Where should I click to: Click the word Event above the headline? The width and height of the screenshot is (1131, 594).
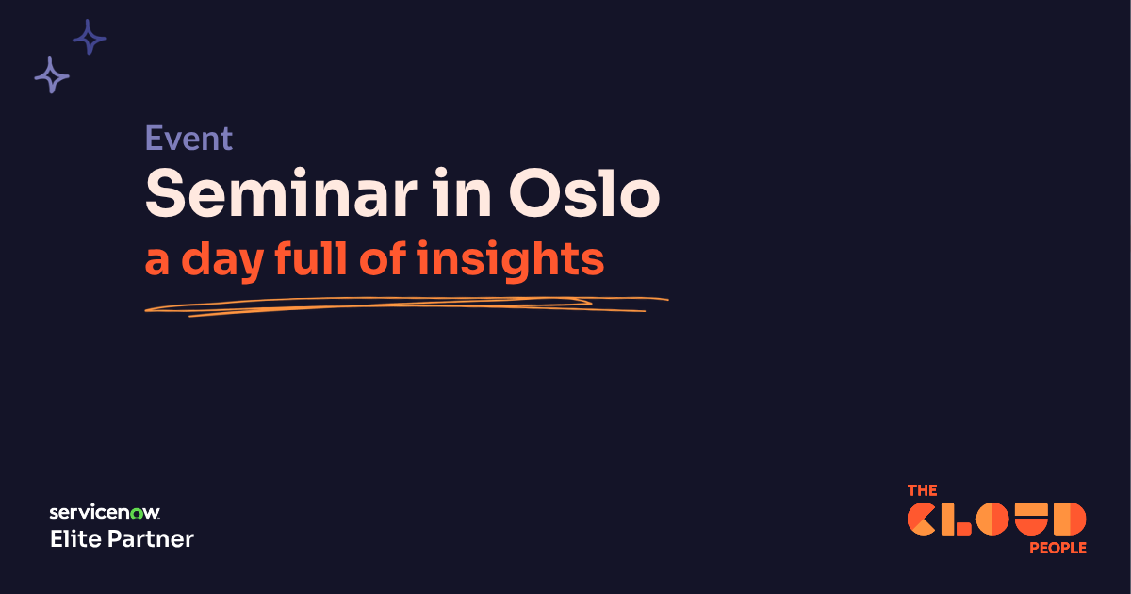[188, 139]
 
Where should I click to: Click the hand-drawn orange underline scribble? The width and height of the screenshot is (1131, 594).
[405, 305]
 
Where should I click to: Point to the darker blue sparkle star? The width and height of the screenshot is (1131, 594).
[90, 38]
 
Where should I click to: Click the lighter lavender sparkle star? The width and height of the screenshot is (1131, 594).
[52, 74]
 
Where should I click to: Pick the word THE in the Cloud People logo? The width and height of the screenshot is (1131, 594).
[923, 490]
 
